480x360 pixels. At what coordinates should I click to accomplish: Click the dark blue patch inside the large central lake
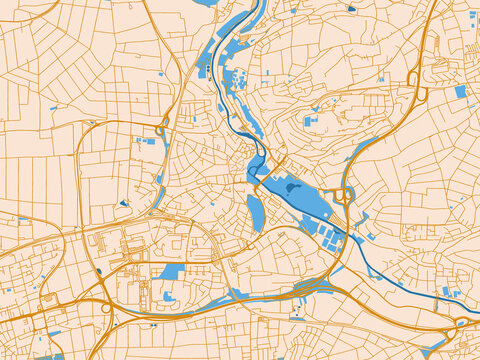pos(292,186)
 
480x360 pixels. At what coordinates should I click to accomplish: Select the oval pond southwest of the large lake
pos(255,212)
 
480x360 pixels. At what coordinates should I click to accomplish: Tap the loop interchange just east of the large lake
pos(345,195)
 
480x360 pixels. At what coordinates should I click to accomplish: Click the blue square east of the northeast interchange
pos(460,92)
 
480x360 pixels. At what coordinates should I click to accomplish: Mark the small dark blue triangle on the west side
pos(124,203)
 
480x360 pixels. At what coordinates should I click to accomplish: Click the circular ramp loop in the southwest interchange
pos(106,308)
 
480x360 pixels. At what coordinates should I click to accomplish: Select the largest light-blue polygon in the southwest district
pos(172,271)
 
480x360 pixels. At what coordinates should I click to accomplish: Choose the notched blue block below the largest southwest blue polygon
pos(170,297)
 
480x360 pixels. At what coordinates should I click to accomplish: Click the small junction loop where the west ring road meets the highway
pos(160,129)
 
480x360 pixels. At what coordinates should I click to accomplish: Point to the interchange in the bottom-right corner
pos(462,323)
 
